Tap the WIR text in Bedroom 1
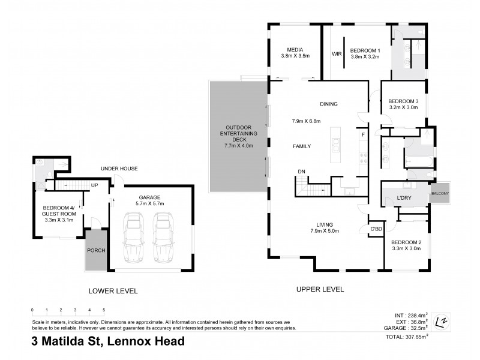337,54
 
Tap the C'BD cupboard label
376,229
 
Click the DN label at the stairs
301,172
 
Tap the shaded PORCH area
95,250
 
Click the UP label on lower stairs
94,185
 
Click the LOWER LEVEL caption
113,291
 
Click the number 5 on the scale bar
104,310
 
